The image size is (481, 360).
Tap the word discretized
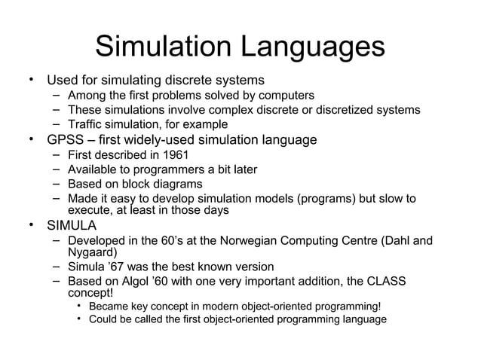click(337, 110)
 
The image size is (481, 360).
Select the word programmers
click(151, 170)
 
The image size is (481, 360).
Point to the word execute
click(87, 211)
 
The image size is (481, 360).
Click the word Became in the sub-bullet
click(109, 307)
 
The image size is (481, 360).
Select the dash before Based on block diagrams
click(57, 185)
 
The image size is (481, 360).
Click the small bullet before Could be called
click(79, 320)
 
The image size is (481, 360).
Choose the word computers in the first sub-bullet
click(287, 96)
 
